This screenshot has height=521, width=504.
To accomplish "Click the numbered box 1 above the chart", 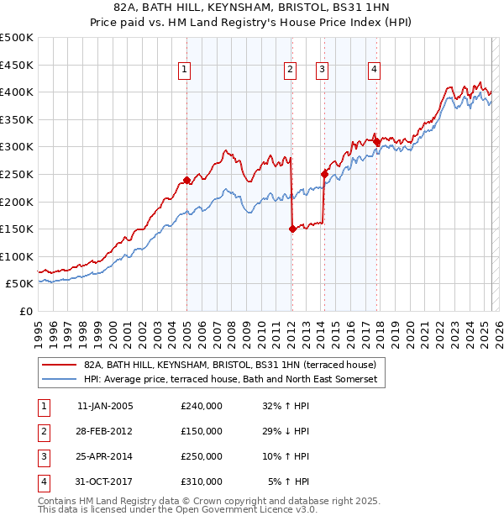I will tap(183, 71).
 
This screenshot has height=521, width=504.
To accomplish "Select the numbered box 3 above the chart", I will tap(322, 71).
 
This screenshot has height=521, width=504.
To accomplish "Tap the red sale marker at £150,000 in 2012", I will tap(292, 229).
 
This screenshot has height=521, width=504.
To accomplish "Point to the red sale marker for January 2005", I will tap(186, 180).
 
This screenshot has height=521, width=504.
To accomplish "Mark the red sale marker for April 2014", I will tap(324, 174).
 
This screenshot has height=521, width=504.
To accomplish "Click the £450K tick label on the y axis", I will tap(17, 65).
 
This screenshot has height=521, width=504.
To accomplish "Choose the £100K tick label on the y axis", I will tap(17, 256).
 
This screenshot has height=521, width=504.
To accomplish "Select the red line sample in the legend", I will tap(60, 365).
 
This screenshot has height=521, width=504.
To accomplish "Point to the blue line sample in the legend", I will tap(60, 380).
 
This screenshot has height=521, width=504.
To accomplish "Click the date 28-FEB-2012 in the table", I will tap(105, 431).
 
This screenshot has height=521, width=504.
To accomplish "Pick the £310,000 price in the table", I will tap(202, 482).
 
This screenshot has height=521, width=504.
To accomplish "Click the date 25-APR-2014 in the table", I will tap(105, 456).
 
